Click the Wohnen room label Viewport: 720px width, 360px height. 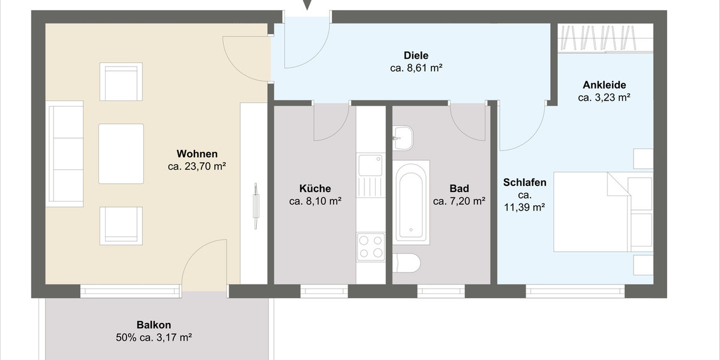[x=197, y=154]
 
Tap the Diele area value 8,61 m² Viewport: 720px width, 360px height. [x=416, y=68]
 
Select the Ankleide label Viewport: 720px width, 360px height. [x=604, y=85]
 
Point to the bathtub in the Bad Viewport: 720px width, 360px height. [x=411, y=201]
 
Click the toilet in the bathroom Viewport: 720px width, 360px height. [x=407, y=262]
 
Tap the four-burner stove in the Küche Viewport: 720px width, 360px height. [x=370, y=247]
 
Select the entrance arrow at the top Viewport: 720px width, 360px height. [x=307, y=5]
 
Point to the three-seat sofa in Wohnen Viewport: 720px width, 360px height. [x=65, y=154]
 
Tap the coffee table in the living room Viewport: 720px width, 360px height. [x=121, y=154]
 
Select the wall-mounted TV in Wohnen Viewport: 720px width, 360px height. [x=256, y=206]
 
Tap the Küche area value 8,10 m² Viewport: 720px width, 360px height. [x=315, y=202]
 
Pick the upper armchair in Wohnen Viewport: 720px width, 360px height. [x=121, y=82]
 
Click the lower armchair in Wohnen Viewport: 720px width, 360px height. [x=121, y=226]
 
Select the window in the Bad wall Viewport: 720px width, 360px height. [x=441, y=292]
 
